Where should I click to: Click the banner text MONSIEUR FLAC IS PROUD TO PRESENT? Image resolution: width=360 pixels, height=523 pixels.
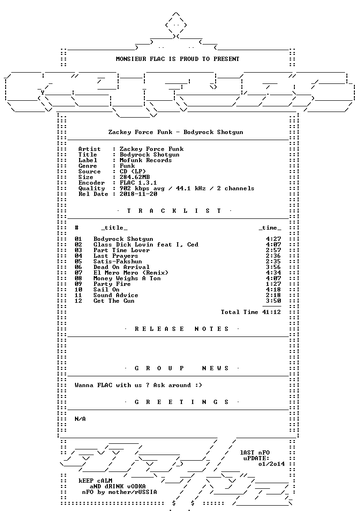[x=178, y=59]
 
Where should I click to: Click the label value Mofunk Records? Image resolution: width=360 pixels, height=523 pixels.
[x=146, y=160]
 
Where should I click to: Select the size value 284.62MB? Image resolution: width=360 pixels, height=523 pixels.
[x=135, y=177]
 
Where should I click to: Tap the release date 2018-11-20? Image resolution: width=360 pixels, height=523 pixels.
[x=138, y=194]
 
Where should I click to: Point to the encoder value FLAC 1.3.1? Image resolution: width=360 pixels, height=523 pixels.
[x=138, y=183]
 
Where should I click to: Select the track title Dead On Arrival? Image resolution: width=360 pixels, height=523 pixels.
[x=121, y=267]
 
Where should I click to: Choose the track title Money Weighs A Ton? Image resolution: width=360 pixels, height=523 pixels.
[x=127, y=278]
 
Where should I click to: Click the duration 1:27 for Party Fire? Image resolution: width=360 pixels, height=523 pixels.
[x=274, y=284]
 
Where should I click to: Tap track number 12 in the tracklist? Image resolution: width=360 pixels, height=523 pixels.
[x=78, y=301]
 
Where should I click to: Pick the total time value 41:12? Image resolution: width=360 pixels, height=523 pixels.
[x=271, y=312]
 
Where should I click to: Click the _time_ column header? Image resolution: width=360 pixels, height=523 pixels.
[x=270, y=228]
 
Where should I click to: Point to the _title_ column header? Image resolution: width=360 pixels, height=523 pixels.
[x=114, y=228]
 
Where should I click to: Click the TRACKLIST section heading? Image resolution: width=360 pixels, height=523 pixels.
[x=174, y=211]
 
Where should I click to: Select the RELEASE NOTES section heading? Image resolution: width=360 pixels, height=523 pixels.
[x=181, y=329]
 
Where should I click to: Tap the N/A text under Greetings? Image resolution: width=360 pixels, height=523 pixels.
[x=80, y=419]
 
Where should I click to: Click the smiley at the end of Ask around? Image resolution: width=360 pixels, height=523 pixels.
[x=199, y=385]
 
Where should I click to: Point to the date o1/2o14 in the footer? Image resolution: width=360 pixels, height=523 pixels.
[x=271, y=464]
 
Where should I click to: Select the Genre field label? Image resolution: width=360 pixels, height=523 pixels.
[x=88, y=166]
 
